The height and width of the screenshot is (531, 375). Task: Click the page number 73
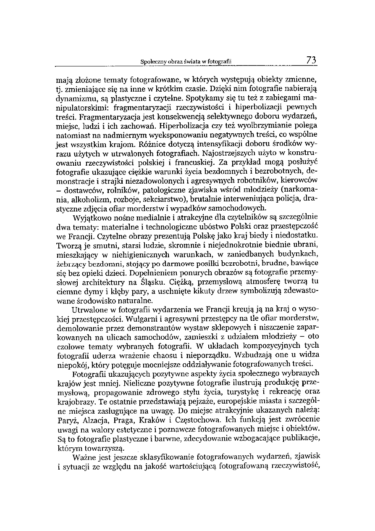point(311,61)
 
